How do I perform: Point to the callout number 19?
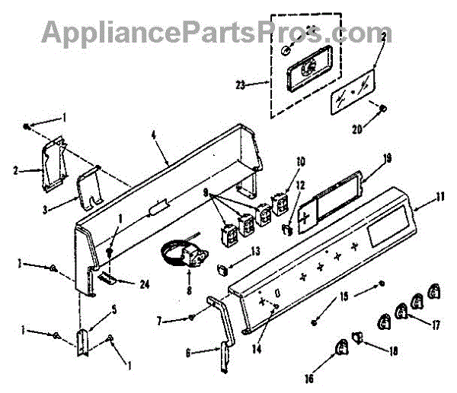coord(387,159)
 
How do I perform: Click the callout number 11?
coord(440,196)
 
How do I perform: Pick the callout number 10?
coord(300,162)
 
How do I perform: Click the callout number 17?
coord(436,325)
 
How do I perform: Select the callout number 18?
coord(392,352)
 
